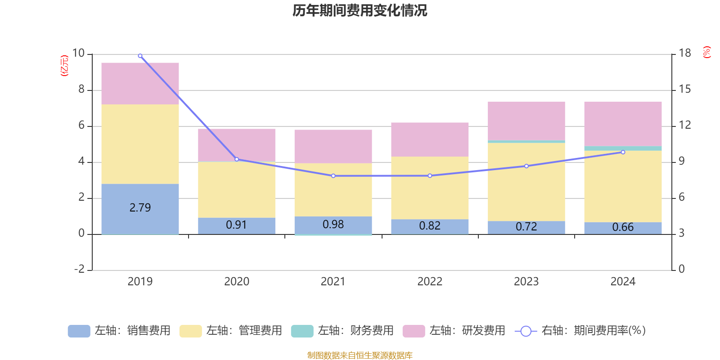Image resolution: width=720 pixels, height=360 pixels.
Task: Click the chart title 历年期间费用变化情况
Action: coord(360,10)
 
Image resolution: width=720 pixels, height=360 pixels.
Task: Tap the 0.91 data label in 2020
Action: coord(236,225)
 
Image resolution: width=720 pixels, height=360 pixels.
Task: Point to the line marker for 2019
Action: coord(140,56)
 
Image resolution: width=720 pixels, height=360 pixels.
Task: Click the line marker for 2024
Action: coord(623,152)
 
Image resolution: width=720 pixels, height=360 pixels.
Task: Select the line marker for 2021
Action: coord(333,176)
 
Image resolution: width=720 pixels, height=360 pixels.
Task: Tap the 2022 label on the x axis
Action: coord(430,282)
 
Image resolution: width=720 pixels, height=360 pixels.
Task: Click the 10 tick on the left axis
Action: coord(78,53)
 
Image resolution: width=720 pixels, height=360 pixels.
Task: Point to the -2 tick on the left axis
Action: coord(79,269)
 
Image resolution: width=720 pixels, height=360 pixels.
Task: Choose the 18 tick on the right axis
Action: coord(685,53)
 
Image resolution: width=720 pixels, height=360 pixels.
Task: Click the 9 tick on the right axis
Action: coord(682,161)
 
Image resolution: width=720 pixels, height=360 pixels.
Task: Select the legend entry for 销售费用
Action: coord(119,331)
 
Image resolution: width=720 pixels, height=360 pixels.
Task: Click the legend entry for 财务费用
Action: coord(342,331)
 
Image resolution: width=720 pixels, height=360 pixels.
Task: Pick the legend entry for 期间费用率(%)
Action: coord(580,331)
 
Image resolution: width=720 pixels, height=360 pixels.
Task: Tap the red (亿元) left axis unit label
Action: coord(64,66)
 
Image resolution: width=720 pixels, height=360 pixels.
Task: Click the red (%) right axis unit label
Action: coord(707,52)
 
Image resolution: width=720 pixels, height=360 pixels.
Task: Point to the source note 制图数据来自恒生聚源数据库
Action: coord(360,355)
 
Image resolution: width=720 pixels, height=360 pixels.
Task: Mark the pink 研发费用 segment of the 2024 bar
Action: coord(623,124)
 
